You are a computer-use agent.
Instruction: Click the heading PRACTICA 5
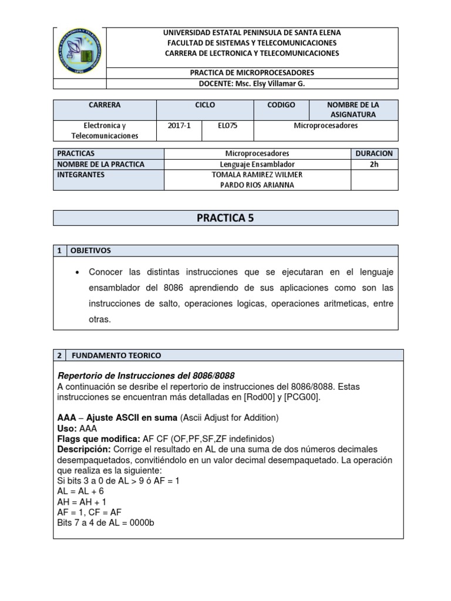coord(225,218)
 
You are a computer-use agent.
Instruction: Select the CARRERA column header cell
coord(105,105)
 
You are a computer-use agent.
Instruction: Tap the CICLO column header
coord(204,105)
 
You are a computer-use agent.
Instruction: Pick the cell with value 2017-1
coord(179,126)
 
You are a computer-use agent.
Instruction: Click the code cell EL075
coord(227,126)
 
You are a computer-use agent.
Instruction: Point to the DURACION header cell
coord(374,153)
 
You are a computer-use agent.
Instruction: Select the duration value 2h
coord(374,164)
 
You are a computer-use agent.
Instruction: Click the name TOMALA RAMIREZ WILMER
coord(257,174)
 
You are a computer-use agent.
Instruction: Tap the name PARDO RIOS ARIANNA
coord(257,185)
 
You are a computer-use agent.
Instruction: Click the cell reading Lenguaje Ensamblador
coord(257,164)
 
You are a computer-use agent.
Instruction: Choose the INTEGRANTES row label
coord(81,175)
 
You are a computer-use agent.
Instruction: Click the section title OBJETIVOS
coord(90,251)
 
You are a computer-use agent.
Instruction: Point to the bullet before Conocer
coord(78,273)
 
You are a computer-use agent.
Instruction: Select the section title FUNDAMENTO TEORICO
coord(116,355)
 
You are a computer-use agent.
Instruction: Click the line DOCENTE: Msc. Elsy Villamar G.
coord(253,83)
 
